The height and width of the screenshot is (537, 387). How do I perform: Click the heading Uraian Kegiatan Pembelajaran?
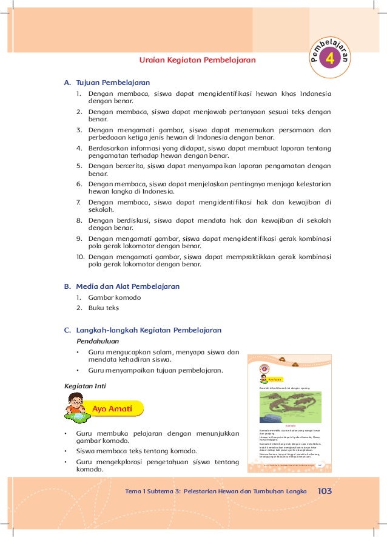[198, 60]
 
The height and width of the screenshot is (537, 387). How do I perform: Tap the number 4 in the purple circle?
[330, 59]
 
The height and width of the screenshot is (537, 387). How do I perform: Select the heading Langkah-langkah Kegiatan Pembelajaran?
[149, 330]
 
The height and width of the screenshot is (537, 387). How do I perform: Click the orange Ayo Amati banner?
[113, 409]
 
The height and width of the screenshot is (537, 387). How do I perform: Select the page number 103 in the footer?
[325, 491]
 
